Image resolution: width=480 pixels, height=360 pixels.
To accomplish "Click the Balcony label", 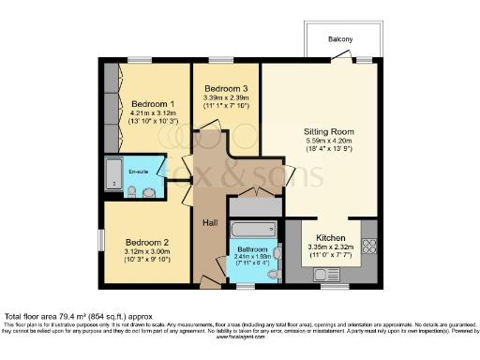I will [340, 38].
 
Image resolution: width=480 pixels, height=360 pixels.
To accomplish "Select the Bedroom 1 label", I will [152, 103].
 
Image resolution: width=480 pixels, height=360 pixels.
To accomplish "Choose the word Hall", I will [211, 222].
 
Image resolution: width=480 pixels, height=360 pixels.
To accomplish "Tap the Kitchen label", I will [333, 238].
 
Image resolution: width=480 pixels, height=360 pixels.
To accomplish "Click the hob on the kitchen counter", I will [367, 248].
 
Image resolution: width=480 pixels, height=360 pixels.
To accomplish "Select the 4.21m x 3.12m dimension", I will [152, 113].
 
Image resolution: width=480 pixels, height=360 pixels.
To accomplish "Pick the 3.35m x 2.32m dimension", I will [333, 248].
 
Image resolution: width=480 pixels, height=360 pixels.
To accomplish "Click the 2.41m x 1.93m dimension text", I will [251, 256].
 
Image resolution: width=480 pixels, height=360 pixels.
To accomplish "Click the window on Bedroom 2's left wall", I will [100, 238].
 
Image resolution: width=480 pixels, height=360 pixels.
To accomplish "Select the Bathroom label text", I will [251, 248].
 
